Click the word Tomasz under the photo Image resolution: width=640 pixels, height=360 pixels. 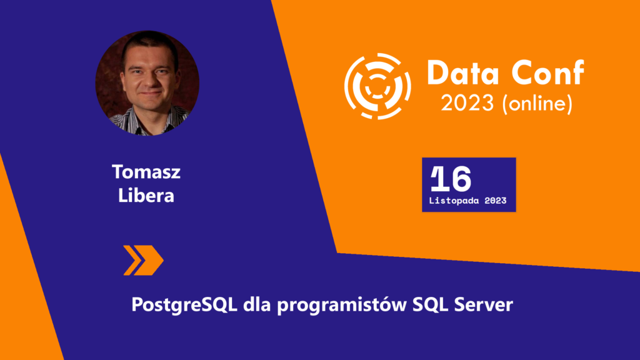146,172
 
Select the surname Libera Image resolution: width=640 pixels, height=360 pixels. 146,196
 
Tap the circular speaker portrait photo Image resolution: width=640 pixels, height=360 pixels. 147,83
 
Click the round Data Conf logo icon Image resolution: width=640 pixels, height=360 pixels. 377,86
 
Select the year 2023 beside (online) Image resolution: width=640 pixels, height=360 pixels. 467,103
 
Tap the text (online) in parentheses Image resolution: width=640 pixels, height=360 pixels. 537,104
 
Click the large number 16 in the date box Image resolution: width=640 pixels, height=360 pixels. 451,178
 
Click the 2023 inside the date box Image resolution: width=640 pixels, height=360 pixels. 496,201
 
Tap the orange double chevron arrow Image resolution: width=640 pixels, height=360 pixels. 143,261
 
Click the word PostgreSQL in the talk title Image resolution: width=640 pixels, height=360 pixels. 184,305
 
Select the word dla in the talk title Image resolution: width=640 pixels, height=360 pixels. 257,304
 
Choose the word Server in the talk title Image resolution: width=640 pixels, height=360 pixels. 484,305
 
